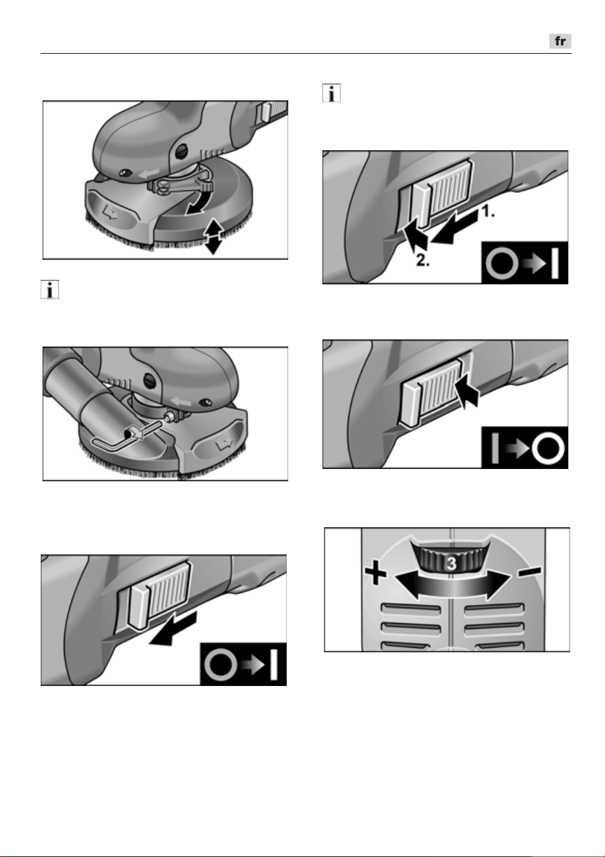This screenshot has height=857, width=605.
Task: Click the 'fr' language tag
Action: tap(560, 41)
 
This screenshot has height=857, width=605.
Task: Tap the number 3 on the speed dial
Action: tap(451, 564)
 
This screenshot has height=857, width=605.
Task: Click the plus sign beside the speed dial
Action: tap(376, 573)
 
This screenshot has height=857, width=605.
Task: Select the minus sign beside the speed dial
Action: tap(530, 571)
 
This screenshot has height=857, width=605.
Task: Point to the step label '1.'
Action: tap(488, 211)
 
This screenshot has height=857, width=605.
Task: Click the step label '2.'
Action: tap(422, 260)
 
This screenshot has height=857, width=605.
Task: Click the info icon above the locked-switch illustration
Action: tap(332, 93)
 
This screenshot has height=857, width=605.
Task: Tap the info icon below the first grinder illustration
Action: tap(50, 290)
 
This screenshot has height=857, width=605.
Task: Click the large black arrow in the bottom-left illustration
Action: tap(173, 629)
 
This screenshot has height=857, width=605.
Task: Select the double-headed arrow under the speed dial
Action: tap(452, 586)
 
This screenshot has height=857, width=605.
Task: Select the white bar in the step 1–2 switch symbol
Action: tap(555, 264)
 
